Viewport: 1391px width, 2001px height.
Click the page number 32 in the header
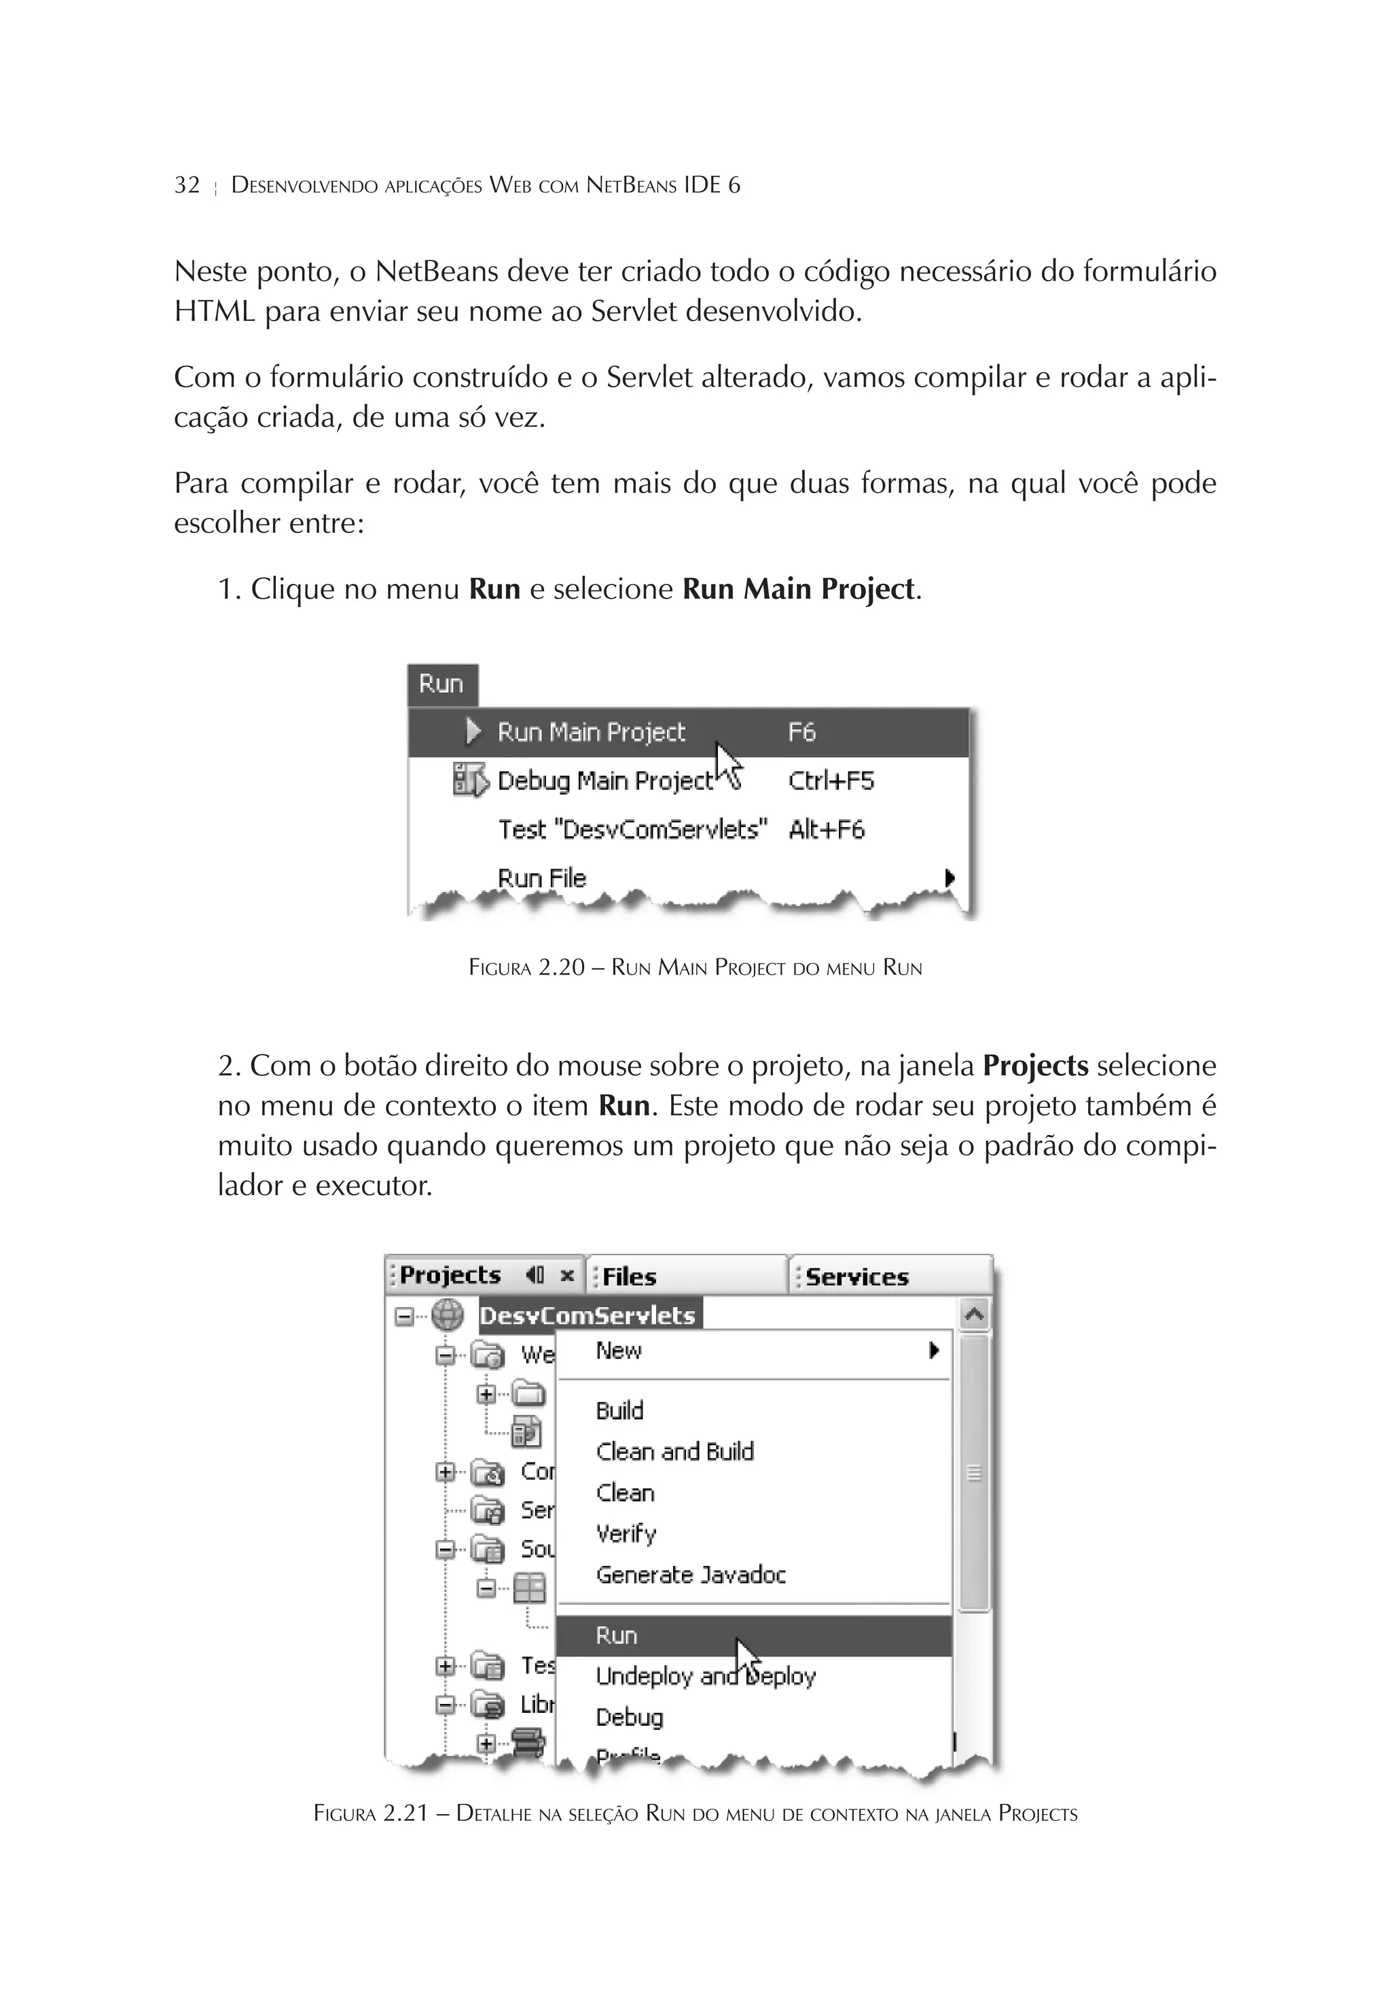(187, 185)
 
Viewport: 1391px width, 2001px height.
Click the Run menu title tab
(441, 684)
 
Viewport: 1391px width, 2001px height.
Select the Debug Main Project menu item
(604, 781)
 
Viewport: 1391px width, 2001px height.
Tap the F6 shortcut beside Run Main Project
(801, 732)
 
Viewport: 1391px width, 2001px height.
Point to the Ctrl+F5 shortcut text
(830, 781)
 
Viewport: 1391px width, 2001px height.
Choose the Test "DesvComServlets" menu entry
(632, 830)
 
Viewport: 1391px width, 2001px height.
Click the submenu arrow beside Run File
(950, 877)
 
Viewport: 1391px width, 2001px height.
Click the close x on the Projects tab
(567, 1276)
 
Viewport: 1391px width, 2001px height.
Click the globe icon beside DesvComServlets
(448, 1315)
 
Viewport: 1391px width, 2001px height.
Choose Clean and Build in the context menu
(674, 1451)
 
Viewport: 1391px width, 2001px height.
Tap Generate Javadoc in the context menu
(690, 1574)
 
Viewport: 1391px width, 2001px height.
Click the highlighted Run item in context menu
(617, 1635)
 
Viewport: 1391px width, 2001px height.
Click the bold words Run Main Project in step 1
(798, 589)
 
